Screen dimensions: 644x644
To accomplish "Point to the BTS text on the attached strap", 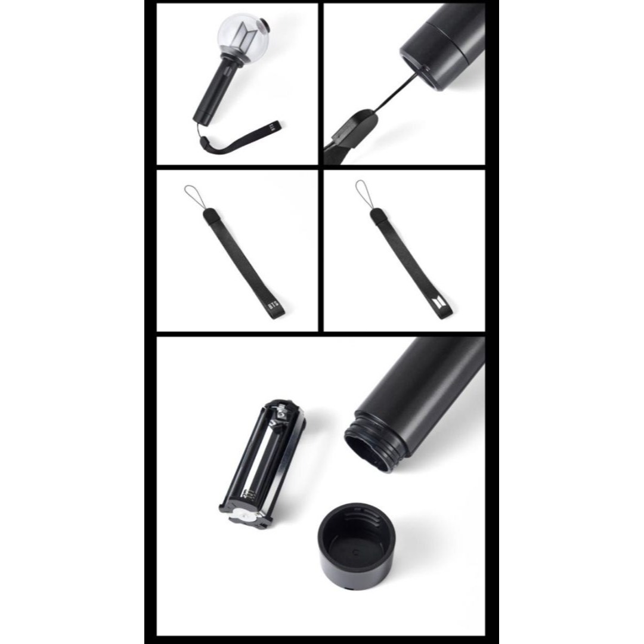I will (273, 126).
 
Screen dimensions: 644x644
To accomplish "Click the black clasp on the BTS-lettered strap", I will (209, 215).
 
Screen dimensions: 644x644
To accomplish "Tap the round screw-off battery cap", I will (356, 542).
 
